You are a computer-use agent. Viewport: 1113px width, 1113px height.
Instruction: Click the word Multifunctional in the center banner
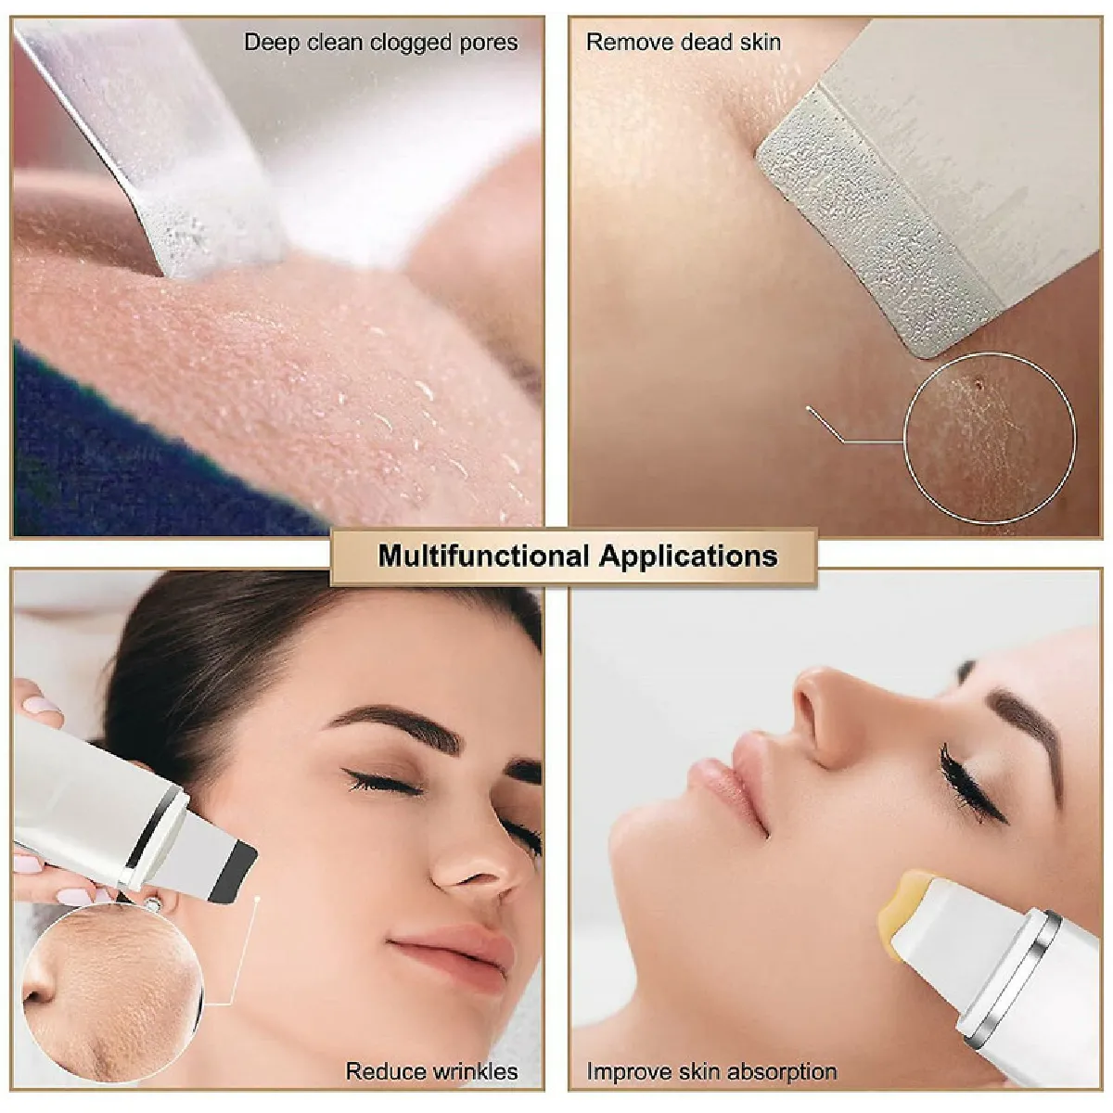click(x=484, y=556)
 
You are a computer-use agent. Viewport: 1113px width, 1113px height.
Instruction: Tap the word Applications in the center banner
click(x=688, y=556)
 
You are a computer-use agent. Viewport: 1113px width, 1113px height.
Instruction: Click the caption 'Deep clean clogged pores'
click(x=381, y=43)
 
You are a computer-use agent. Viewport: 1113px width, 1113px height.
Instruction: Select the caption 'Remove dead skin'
click(x=684, y=42)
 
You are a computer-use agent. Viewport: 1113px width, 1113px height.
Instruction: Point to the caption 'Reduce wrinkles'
click(x=431, y=1055)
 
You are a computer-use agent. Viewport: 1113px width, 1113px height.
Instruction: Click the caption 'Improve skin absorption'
click(x=711, y=1055)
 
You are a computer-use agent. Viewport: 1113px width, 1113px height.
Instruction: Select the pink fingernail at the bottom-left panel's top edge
click(x=41, y=705)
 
